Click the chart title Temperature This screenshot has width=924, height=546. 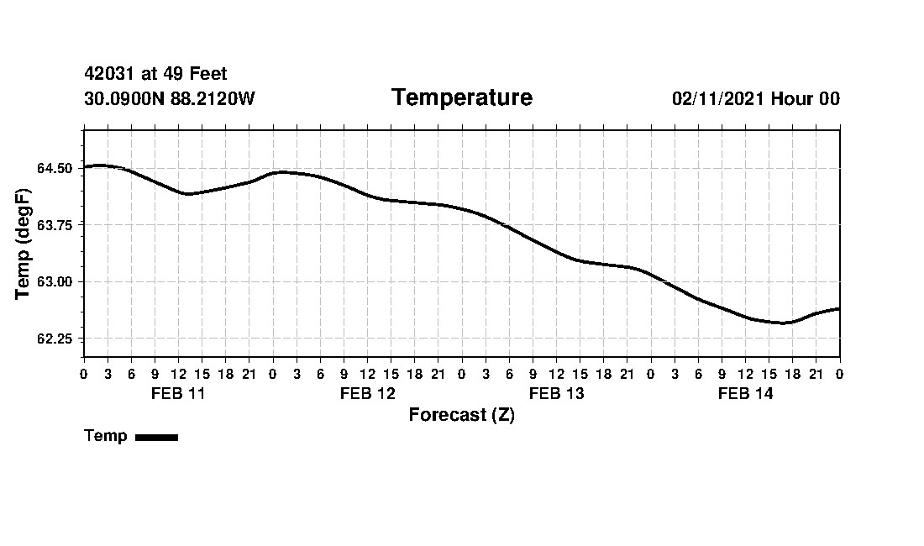(x=461, y=98)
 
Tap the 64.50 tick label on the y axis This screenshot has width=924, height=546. (x=55, y=168)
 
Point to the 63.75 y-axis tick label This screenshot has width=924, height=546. (x=55, y=225)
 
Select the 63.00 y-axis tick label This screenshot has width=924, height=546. (x=55, y=281)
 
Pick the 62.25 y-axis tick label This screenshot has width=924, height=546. (x=55, y=339)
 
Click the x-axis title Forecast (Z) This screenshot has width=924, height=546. (x=461, y=415)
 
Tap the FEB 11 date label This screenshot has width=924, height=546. (x=178, y=394)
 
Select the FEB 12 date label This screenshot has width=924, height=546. (x=367, y=394)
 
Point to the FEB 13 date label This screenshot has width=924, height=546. (x=556, y=394)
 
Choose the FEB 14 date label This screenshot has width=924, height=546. (x=745, y=394)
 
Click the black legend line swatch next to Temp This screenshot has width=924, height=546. (x=156, y=437)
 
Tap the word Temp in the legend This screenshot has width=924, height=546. (x=106, y=436)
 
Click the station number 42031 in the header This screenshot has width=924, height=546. (x=111, y=75)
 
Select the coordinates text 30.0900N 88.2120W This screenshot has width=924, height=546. (x=169, y=99)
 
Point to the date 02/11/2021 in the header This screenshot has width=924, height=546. (x=718, y=99)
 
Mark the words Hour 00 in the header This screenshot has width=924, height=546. (x=806, y=99)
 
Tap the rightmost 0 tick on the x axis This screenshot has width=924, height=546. (x=840, y=373)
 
